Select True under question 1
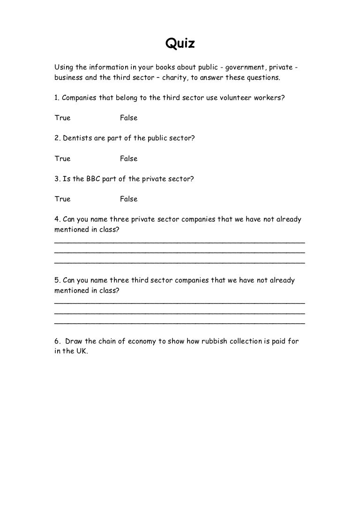(62, 118)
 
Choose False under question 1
(128, 118)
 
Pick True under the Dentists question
(62, 159)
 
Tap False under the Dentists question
(128, 159)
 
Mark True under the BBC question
(62, 199)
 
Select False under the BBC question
(128, 199)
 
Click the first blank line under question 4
(180, 242)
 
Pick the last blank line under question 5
(180, 323)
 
